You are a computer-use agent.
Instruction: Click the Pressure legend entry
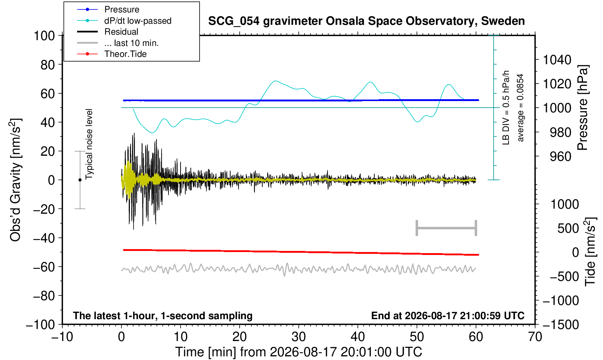click(108, 9)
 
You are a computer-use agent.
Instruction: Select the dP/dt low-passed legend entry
click(124, 21)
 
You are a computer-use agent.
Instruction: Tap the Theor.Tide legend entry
click(112, 54)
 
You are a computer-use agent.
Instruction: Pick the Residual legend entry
click(108, 32)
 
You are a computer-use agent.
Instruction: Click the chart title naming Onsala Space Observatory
click(366, 21)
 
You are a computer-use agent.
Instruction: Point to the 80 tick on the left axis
click(48, 65)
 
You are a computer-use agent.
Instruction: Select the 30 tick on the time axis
click(298, 337)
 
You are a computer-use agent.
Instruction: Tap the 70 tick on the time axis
click(535, 337)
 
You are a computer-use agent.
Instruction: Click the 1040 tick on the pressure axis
click(557, 60)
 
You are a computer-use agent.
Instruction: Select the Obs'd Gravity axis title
click(15, 180)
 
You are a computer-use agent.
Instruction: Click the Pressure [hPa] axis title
click(583, 108)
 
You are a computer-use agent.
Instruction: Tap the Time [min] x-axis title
click(298, 352)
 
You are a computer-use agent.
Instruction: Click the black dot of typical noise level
click(80, 180)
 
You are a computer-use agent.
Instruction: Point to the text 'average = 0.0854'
click(520, 108)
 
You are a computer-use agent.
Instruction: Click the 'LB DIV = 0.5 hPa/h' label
click(506, 108)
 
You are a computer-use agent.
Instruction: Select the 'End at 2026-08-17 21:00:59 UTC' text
click(448, 316)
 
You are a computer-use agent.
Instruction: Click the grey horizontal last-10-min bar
click(447, 228)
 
